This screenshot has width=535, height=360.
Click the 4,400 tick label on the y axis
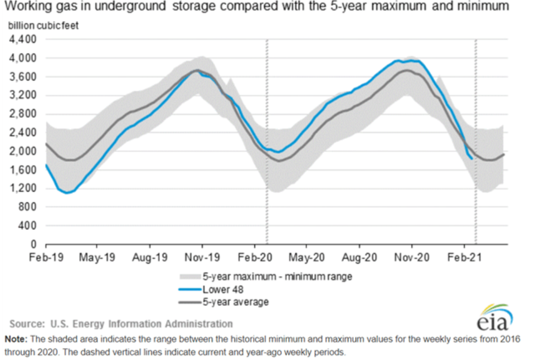(22, 40)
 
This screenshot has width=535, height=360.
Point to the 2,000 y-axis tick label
(22, 151)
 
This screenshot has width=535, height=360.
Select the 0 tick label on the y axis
(33, 244)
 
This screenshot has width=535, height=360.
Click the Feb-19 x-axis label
(46, 257)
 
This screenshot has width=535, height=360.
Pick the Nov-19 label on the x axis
(202, 257)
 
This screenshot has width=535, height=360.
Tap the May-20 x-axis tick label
(307, 257)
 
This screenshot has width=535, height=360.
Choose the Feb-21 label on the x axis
(464, 257)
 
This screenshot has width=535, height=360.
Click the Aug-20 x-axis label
(359, 257)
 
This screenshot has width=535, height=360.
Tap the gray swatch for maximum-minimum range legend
(189, 276)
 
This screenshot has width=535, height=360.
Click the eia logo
(495, 318)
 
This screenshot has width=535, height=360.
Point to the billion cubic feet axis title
(43, 26)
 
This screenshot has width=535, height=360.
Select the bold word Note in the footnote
(16, 339)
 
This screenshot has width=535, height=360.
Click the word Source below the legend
(27, 324)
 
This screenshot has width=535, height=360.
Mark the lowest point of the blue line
(67, 193)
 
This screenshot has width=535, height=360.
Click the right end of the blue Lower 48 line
(472, 159)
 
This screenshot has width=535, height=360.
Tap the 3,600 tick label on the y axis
(22, 77)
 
